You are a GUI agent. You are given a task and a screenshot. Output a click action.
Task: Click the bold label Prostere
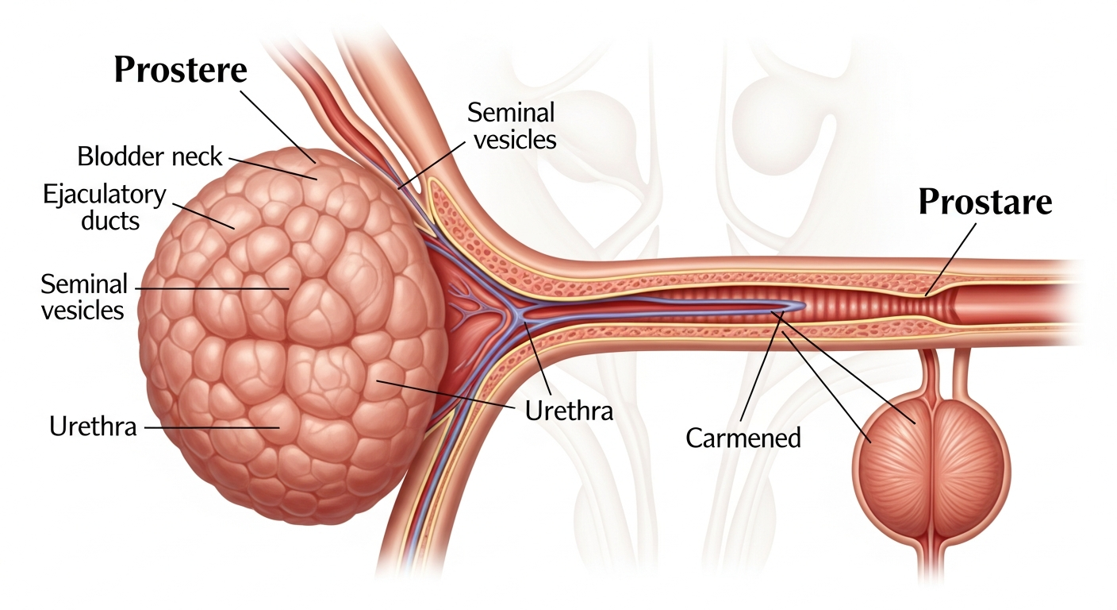tap(181, 70)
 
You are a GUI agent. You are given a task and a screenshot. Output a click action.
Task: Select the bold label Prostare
tap(985, 203)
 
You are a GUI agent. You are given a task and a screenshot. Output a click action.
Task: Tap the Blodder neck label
tap(150, 156)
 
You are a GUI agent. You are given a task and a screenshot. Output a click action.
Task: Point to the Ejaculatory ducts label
tap(104, 207)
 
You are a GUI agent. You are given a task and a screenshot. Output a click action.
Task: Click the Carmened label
tap(743, 438)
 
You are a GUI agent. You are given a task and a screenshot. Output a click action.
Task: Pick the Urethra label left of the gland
tap(93, 427)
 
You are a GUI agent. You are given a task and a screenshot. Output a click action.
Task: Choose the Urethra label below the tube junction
tap(569, 411)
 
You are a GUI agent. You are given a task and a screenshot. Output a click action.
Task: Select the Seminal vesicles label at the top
tap(512, 125)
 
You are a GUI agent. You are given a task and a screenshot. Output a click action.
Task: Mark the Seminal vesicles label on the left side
tap(84, 296)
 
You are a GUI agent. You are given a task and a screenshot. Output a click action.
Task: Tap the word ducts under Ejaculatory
tap(110, 220)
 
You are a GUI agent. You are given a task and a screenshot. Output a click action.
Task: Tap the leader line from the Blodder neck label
tap(273, 168)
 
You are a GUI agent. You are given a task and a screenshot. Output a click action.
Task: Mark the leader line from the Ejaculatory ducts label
tap(203, 214)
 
